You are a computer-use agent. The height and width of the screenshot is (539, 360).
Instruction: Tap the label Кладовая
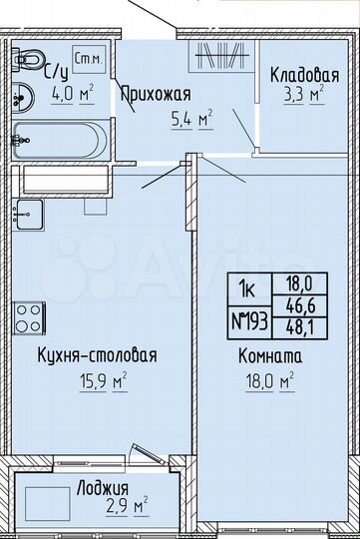click(x=305, y=76)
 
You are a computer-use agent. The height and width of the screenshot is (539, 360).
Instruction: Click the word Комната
click(x=270, y=354)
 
